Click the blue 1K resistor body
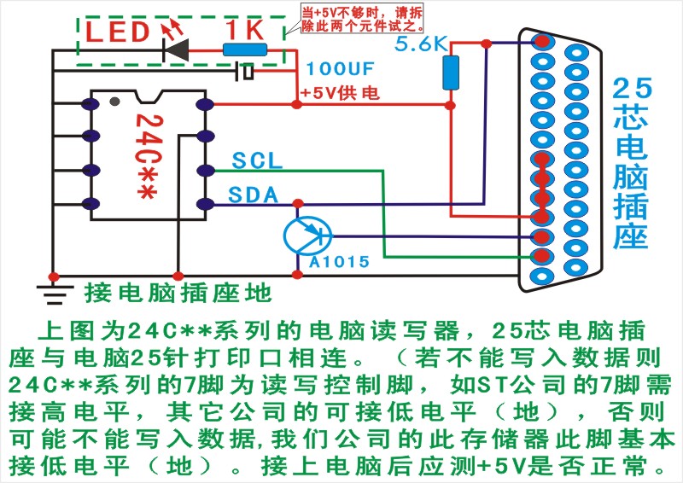[247, 50]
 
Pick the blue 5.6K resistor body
[451, 72]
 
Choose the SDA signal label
[254, 195]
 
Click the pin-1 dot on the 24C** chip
[114, 102]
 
